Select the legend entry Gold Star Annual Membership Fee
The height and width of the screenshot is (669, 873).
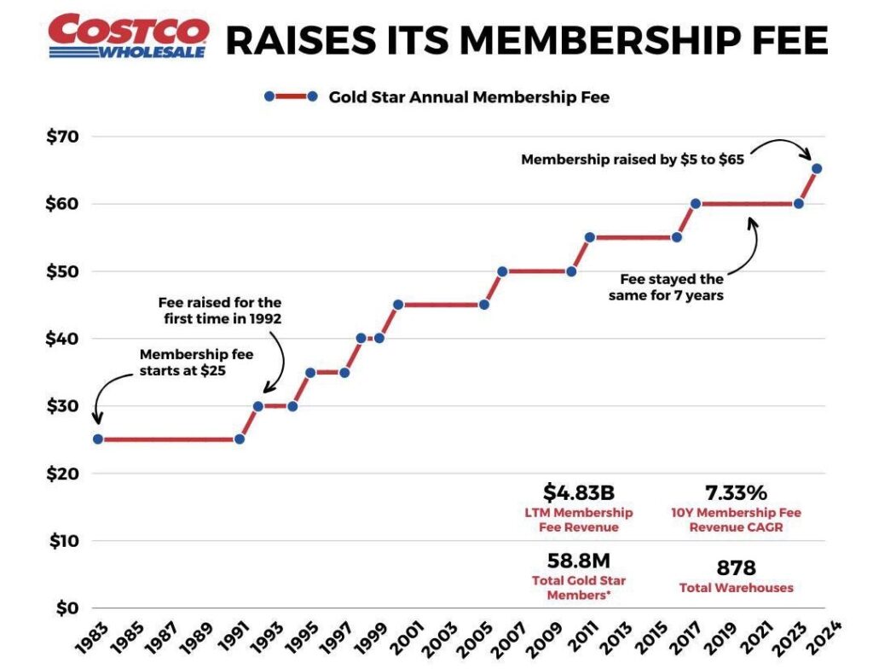[469, 97]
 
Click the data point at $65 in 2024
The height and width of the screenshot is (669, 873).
[816, 169]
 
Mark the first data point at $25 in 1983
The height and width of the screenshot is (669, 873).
[98, 439]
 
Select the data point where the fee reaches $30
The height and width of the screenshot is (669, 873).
[257, 406]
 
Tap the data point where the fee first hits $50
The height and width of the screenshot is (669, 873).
[502, 271]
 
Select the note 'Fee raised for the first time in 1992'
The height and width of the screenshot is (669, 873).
[219, 311]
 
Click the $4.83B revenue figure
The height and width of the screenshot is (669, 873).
[579, 492]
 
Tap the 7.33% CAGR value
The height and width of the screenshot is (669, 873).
[737, 492]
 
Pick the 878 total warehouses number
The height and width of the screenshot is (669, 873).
[736, 567]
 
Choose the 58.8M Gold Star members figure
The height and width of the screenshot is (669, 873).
[579, 561]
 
